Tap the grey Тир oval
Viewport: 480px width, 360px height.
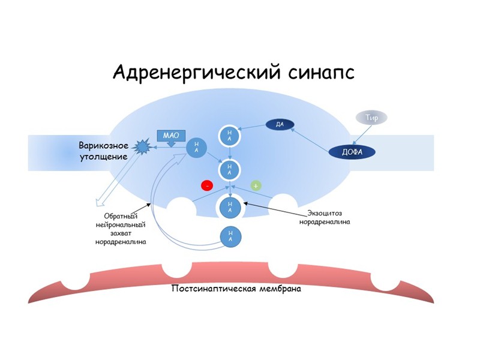click(x=372, y=118)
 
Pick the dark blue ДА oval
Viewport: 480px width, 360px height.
click(x=279, y=125)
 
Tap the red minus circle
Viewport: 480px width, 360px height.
click(x=207, y=186)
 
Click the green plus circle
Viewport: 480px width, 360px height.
click(x=256, y=186)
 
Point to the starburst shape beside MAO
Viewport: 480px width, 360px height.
click(x=143, y=146)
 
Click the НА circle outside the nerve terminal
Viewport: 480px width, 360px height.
click(x=231, y=236)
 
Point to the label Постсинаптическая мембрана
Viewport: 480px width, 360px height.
click(x=236, y=289)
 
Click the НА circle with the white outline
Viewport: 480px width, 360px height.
click(x=231, y=207)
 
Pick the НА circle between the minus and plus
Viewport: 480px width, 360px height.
click(x=231, y=170)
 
